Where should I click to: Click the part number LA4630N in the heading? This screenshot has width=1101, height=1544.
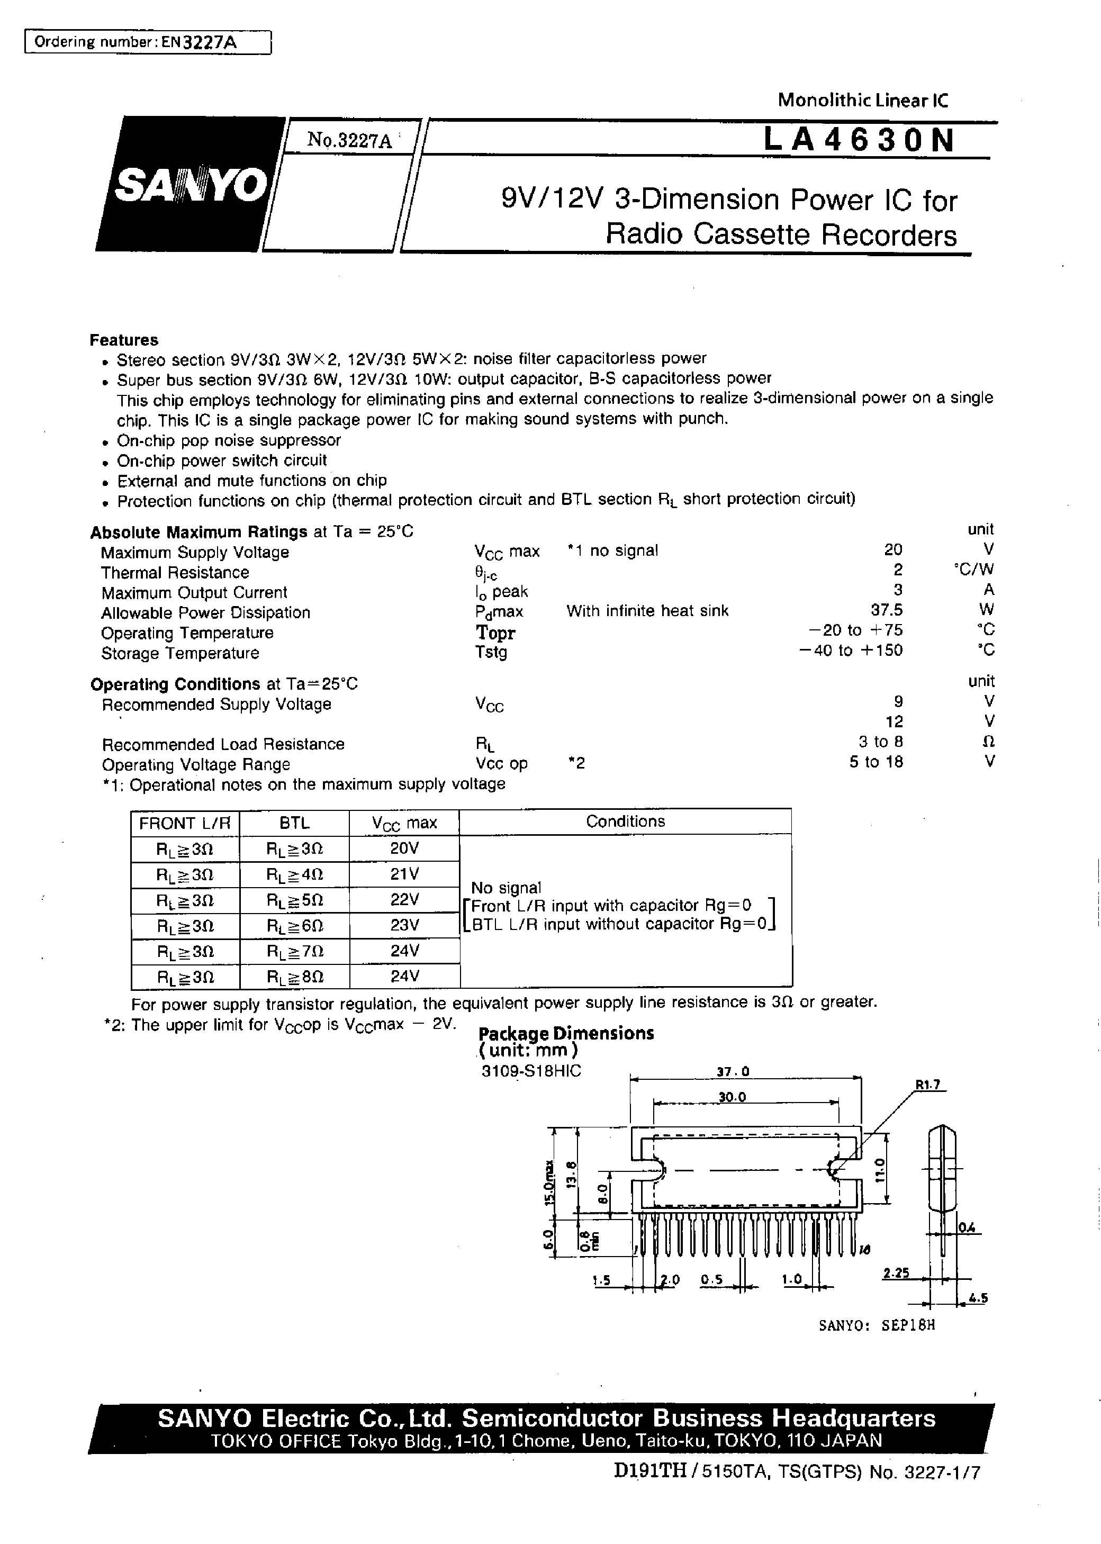[859, 141]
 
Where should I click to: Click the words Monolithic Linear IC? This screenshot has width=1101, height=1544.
[862, 101]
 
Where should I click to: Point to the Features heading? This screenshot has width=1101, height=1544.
[124, 340]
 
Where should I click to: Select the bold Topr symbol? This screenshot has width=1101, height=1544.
[495, 633]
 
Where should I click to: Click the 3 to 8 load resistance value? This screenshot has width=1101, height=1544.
[881, 742]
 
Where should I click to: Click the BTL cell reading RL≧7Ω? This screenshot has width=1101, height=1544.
[295, 951]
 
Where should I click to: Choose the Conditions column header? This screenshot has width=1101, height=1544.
[625, 821]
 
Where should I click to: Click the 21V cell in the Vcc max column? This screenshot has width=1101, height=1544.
[405, 874]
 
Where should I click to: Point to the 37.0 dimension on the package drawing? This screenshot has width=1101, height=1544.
[734, 1071]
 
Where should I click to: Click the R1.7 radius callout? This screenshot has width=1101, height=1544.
[928, 1085]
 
